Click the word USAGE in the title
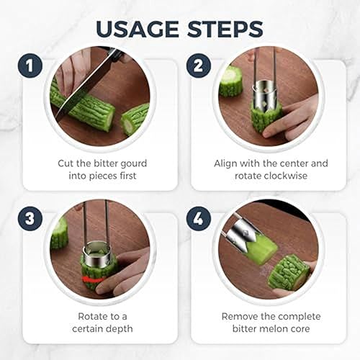(x=138, y=29)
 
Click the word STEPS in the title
(x=225, y=29)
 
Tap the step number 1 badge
(x=30, y=66)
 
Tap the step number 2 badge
(x=199, y=66)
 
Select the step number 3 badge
(x=30, y=219)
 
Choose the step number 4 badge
(x=199, y=219)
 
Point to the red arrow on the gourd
(x=92, y=279)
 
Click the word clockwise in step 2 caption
(x=283, y=176)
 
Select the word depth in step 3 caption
(x=120, y=329)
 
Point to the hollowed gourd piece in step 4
(x=288, y=272)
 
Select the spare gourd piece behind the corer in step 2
(x=231, y=81)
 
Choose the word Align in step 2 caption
(x=226, y=163)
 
